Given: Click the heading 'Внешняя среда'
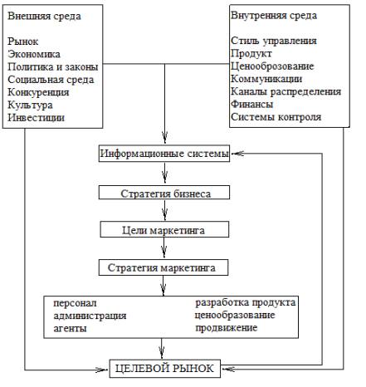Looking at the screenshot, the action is [44, 16].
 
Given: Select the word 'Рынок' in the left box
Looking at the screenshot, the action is [23, 42].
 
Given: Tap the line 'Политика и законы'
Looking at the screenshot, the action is [53, 67].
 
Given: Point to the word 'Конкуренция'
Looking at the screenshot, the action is [38, 92].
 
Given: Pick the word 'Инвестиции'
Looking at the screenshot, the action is [36, 118].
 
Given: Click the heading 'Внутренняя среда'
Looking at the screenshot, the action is [274, 16].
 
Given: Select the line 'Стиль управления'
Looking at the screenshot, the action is [274, 41].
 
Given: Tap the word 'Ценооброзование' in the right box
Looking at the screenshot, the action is [272, 66].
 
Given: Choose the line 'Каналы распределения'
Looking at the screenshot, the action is [285, 91].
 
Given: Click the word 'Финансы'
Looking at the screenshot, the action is [252, 105].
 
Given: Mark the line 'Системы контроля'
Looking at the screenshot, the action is [276, 117].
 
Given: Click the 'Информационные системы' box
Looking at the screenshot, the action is [164, 154].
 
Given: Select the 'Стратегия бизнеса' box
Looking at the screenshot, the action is [164, 193].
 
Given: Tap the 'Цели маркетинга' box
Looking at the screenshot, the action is [164, 229].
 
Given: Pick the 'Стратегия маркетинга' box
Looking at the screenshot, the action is [163, 267].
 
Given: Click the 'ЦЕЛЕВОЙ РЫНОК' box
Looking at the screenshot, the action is [165, 369].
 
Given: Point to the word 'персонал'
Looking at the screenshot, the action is [75, 303].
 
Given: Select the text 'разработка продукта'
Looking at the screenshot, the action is [246, 302].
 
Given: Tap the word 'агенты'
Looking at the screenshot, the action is [70, 329].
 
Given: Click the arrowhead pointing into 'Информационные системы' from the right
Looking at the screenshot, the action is [237, 154].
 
